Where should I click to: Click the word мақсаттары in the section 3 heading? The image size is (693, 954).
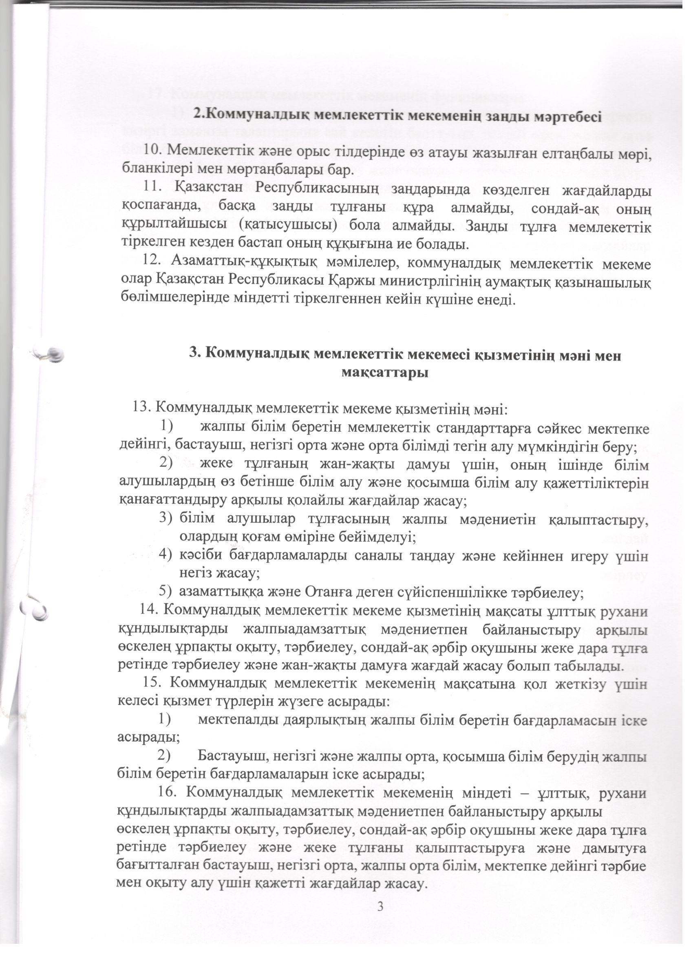point(385,373)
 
